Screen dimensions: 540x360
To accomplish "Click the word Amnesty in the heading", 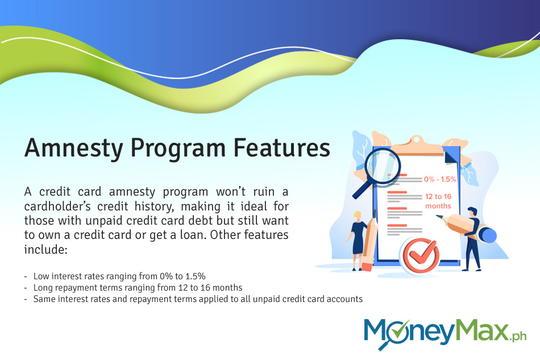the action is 74,148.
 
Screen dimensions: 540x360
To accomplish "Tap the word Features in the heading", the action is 282,148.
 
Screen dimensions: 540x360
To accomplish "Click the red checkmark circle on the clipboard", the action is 421,256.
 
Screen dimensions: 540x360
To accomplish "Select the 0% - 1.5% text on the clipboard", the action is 440,179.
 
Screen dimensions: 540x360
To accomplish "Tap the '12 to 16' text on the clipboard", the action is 438,197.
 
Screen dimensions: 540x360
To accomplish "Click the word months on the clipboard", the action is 438,206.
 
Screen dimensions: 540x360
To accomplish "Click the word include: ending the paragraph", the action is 46,249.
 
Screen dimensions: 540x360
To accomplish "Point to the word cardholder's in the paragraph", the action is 57,206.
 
